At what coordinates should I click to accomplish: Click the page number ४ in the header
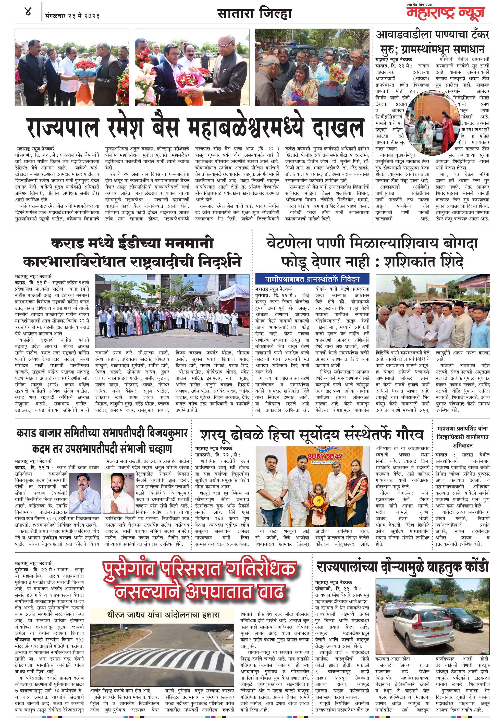click(28, 13)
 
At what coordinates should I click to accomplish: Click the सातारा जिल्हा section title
click(254, 14)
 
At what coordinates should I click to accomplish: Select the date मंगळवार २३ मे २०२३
click(72, 16)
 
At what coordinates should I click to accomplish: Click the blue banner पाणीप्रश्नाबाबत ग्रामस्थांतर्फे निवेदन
click(312, 279)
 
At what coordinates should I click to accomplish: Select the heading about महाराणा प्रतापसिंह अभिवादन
click(462, 437)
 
